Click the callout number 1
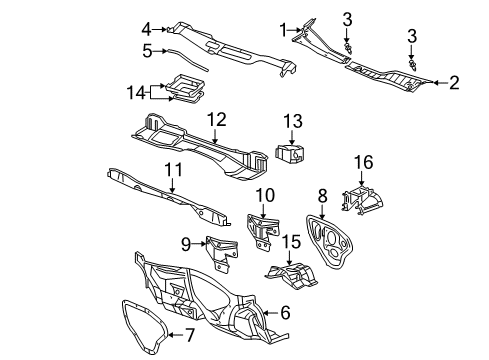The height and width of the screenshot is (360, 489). point(283,29)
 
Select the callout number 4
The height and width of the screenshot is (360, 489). point(146,28)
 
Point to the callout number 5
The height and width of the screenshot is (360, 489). point(146,49)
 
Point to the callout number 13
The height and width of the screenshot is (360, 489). point(292,121)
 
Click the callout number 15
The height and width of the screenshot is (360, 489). point(292,240)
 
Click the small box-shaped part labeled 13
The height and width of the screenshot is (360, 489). point(291,152)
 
